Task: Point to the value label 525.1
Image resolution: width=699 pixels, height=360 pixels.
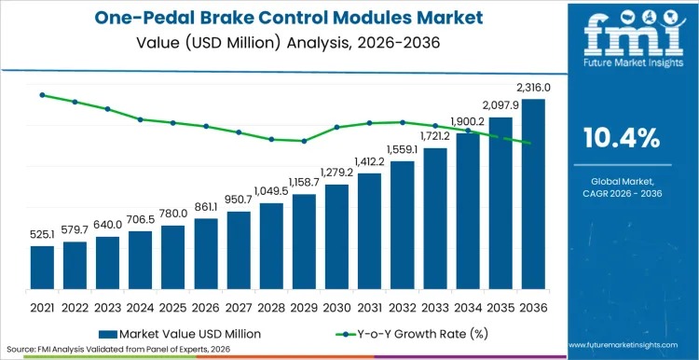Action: click(x=42, y=236)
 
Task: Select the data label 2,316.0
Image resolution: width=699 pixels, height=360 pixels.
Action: click(x=534, y=88)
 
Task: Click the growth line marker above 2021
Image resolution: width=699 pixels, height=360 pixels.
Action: click(x=42, y=94)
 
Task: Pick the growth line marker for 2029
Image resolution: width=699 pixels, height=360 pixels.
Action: click(x=304, y=141)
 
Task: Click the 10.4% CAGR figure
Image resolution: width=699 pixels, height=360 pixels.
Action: click(x=621, y=139)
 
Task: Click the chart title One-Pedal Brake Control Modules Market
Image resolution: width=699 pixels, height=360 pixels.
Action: click(x=280, y=18)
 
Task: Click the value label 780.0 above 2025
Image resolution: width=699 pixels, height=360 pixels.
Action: click(x=173, y=214)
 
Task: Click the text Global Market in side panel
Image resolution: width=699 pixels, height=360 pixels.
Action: click(x=621, y=180)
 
